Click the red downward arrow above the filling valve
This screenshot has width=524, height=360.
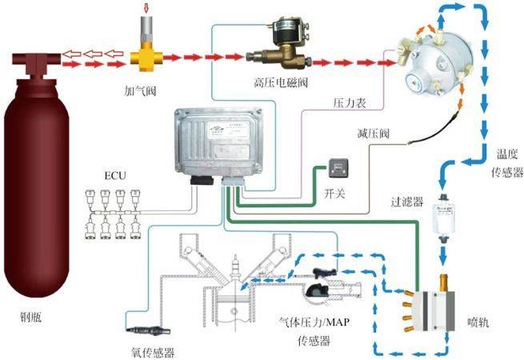[x=145, y=9]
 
